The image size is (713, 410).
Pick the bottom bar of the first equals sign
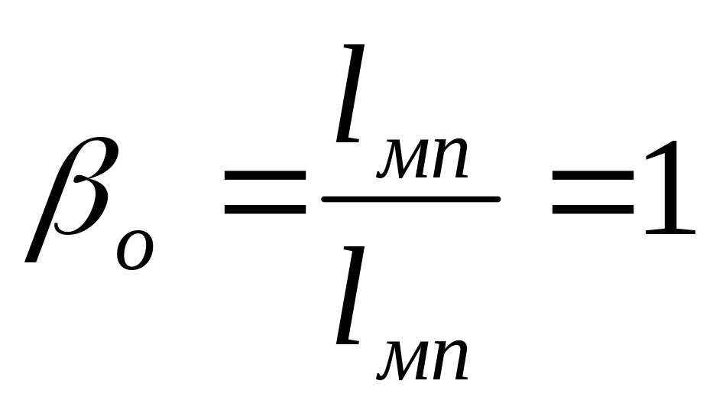[x=265, y=210]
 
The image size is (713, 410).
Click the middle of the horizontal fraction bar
[x=411, y=199]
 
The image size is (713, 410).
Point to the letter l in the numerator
[x=350, y=93]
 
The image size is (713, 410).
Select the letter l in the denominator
[x=350, y=294]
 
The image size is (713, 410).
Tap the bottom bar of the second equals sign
[x=592, y=210]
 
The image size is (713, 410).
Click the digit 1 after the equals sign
[x=670, y=187]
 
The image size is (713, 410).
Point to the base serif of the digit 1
[x=670, y=232]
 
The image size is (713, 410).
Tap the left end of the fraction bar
[x=323, y=199]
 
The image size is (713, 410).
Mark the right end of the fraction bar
[x=499, y=199]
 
